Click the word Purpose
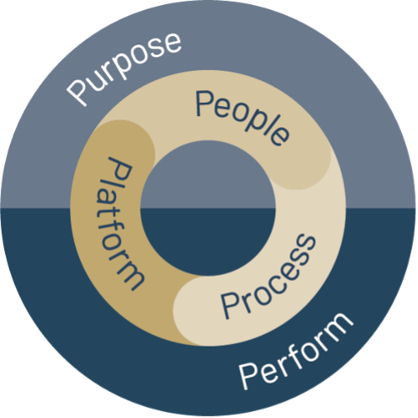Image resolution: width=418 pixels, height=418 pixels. [x=124, y=69]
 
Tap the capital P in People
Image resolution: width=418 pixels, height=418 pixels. [x=204, y=103]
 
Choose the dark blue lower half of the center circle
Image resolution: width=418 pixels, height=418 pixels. [x=208, y=242]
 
